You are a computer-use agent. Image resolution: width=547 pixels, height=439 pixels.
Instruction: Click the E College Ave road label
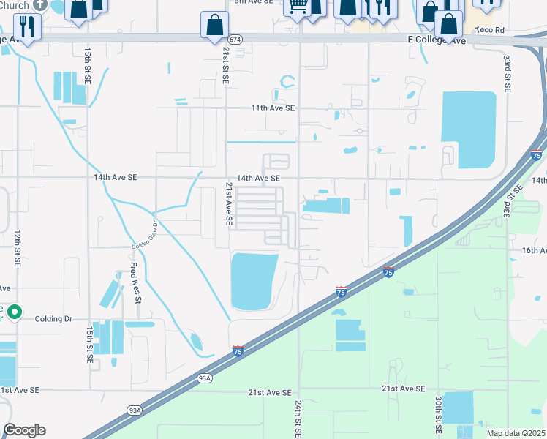[437, 41]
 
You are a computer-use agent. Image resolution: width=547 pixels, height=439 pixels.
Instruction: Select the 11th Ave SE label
[272, 108]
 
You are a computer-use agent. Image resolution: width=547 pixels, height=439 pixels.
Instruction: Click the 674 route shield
[233, 38]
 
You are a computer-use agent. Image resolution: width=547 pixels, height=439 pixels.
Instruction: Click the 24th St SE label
[298, 418]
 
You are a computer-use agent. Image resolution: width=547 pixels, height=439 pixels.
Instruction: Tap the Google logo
[24, 430]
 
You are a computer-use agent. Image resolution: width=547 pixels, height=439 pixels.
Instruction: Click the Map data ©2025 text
[516, 433]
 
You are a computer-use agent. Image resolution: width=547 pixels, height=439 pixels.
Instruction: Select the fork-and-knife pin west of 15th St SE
[28, 27]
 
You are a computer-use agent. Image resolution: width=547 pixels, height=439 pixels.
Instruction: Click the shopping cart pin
[298, 7]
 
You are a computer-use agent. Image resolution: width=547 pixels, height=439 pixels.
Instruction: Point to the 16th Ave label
[533, 250]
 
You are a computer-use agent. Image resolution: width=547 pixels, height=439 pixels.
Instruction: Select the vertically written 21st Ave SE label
[229, 203]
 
